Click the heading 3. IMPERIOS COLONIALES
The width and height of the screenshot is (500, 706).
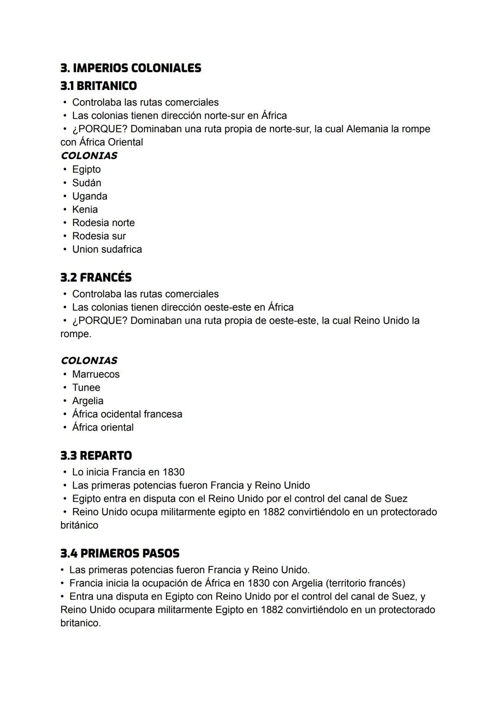point(131,68)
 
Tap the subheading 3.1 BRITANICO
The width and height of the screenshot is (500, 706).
point(99,86)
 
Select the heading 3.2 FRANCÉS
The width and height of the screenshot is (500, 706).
point(96,277)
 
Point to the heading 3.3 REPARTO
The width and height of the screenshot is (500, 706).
point(96,456)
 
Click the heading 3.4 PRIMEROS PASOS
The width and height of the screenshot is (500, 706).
point(119,553)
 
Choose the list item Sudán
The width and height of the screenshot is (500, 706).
point(87,183)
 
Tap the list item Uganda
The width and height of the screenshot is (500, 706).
point(89,196)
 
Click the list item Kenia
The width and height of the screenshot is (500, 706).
point(85,209)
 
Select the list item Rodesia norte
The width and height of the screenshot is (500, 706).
point(103,223)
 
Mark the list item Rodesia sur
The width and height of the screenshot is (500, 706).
point(99,236)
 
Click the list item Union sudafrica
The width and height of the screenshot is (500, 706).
point(107,250)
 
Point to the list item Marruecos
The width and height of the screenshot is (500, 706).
point(95,374)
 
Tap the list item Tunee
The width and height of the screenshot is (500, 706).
point(86,387)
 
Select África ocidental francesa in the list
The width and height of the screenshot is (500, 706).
point(127,414)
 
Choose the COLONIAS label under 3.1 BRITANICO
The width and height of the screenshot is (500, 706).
point(89,156)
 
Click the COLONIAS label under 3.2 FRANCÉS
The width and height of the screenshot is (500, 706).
point(89,360)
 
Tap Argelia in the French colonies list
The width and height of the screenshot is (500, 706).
point(87,401)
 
